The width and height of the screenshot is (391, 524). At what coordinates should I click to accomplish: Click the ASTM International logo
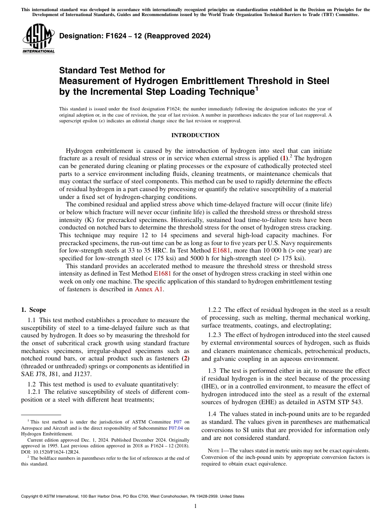(x=38, y=39)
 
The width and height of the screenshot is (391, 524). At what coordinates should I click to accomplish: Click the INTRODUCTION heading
(x=195, y=135)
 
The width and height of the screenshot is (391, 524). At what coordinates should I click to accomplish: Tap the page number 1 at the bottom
(x=195, y=506)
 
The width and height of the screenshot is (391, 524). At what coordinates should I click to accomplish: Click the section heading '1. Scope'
(x=33, y=310)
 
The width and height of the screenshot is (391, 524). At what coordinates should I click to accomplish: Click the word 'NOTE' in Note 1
(x=209, y=450)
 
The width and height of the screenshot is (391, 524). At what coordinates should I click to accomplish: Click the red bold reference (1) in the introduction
(x=284, y=158)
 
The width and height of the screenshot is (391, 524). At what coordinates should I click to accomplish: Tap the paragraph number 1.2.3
(x=216, y=335)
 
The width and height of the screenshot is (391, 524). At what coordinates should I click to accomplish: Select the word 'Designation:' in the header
(x=80, y=36)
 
